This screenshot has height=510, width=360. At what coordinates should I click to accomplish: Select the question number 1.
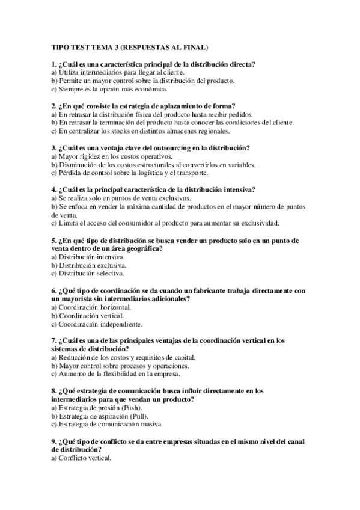[54, 64]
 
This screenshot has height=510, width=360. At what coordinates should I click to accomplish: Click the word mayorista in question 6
[79, 298]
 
